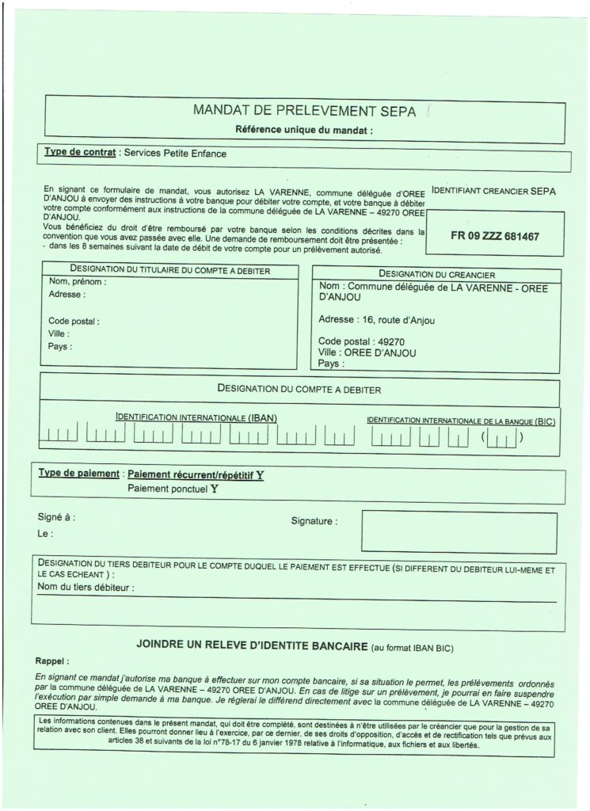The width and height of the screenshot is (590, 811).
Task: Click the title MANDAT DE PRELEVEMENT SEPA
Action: click(x=304, y=111)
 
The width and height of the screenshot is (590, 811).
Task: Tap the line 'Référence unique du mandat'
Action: click(x=304, y=130)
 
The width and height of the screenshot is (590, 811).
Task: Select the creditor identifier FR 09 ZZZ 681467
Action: click(x=495, y=236)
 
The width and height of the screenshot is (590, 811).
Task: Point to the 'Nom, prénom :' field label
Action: click(x=78, y=282)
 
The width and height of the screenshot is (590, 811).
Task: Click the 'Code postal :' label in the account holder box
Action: click(x=74, y=322)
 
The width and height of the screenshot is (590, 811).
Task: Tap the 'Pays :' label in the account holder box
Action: click(x=60, y=346)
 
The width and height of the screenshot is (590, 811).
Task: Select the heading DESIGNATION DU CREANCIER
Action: click(x=437, y=274)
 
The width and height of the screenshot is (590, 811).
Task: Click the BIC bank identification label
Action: click(x=461, y=421)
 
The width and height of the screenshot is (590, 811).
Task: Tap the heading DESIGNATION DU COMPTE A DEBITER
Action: click(x=299, y=390)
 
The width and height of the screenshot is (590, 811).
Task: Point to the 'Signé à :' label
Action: click(x=56, y=517)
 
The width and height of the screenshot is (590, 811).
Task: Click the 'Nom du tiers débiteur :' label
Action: click(x=86, y=588)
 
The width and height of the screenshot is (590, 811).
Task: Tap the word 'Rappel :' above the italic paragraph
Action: click(x=52, y=660)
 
